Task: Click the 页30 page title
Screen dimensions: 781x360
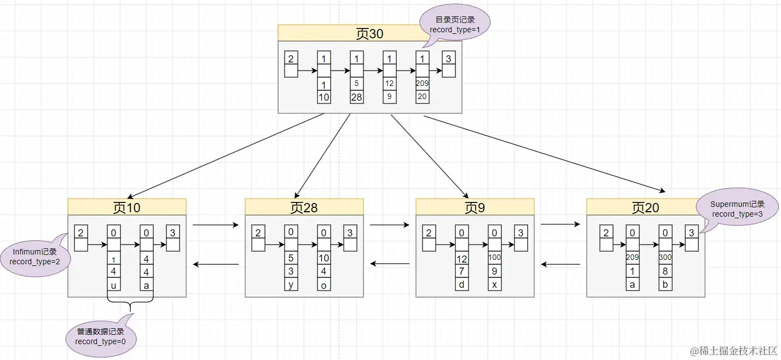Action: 369,33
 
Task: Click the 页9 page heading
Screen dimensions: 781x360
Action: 475,207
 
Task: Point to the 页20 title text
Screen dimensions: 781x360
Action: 645,208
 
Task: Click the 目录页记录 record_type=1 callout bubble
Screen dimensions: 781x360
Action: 455,25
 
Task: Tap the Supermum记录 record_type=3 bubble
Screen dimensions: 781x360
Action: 737,210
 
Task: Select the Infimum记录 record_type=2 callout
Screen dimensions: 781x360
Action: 36,257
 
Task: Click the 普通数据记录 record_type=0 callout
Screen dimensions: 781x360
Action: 101,337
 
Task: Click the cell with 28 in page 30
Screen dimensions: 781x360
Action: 356,97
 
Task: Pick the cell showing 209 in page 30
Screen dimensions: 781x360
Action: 422,83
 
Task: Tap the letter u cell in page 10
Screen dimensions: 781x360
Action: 114,286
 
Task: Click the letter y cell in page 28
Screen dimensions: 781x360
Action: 291,284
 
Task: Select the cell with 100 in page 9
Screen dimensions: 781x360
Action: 494,258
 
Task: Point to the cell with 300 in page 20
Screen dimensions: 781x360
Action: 665,258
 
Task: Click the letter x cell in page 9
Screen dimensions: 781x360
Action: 494,284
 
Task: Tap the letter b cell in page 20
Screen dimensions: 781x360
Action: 665,284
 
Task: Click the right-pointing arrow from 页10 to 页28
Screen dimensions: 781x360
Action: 216,225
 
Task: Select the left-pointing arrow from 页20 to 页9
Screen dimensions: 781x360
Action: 560,264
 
